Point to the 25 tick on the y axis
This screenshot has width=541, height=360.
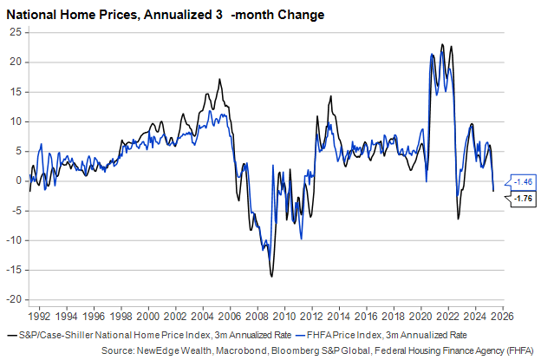coord(16,32)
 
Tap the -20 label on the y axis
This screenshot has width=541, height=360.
coord(13,299)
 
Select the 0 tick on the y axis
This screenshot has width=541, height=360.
coord(18,180)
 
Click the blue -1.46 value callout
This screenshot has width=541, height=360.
coord(523,181)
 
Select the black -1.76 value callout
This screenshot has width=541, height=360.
coord(523,199)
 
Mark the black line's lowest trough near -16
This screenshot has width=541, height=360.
coord(271,277)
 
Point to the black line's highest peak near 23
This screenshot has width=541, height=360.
coord(442,45)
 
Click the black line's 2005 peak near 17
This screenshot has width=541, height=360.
coord(219,80)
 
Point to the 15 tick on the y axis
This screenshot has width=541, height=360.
coord(16,91)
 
